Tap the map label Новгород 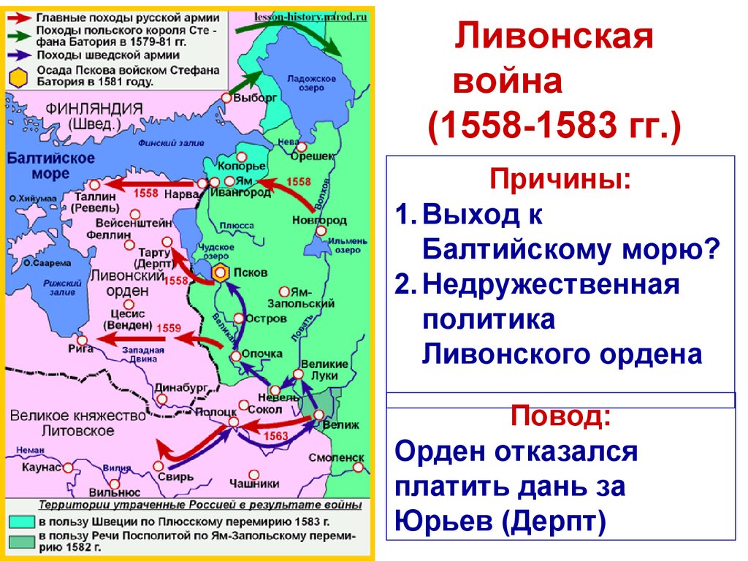pyautogui.click(x=319, y=219)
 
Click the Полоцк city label pyautogui.click(x=213, y=412)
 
